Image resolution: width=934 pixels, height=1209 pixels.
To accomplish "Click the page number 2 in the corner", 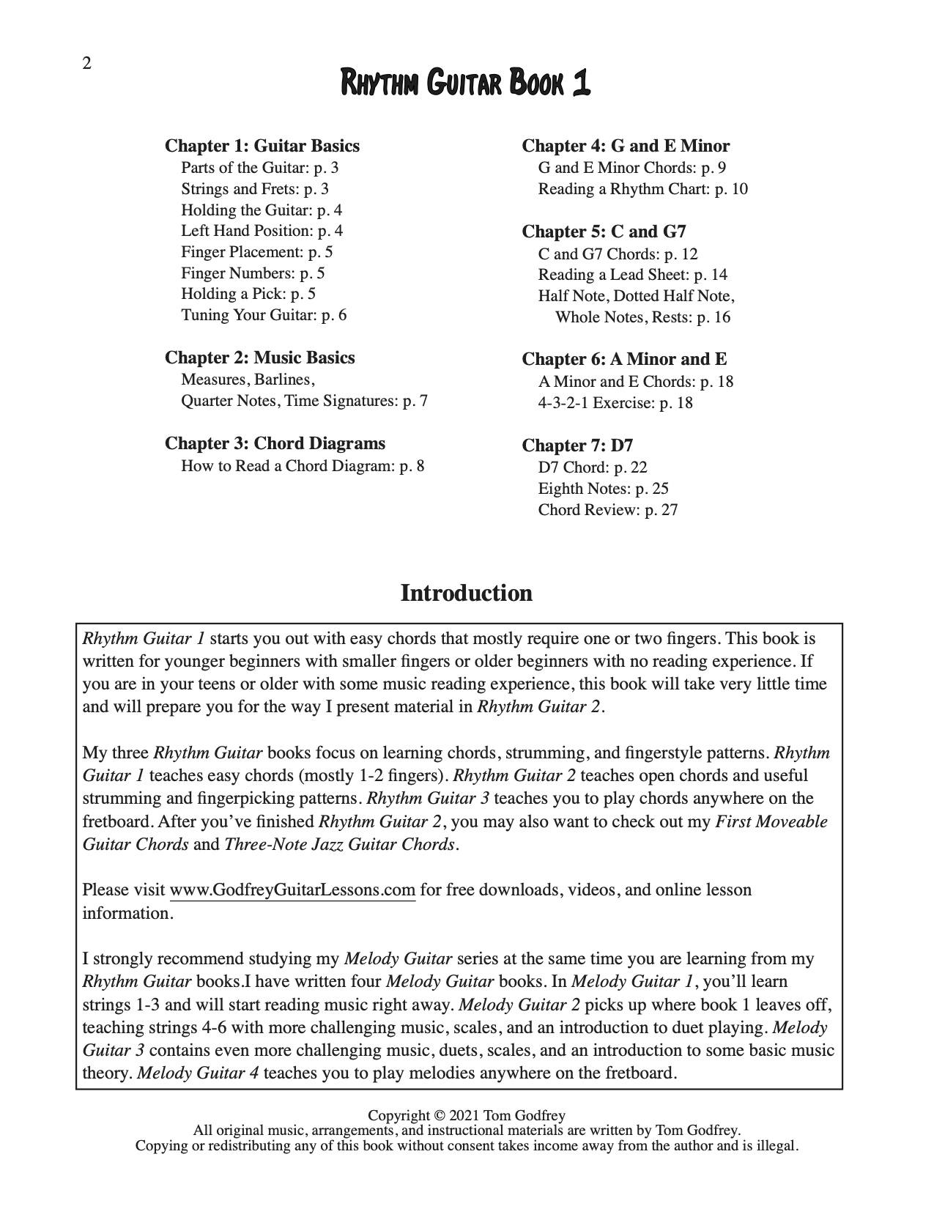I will click(x=86, y=64).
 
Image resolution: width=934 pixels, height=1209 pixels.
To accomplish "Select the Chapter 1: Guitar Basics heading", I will click(x=262, y=146).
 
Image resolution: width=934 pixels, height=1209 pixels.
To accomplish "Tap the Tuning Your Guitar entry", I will click(x=264, y=315).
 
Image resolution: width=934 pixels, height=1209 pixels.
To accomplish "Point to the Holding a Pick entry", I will click(x=248, y=294).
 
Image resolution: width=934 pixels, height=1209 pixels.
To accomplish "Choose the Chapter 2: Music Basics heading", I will click(x=259, y=358).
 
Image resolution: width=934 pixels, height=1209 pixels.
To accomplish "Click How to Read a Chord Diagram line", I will click(x=303, y=466).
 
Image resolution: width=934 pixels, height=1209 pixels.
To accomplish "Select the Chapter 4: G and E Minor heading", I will click(x=625, y=146).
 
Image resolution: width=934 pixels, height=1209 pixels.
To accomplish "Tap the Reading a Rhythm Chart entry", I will click(x=642, y=189).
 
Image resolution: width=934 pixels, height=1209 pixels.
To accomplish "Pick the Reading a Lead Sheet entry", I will click(x=632, y=275).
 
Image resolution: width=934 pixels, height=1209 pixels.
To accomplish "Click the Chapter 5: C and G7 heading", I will click(x=604, y=232).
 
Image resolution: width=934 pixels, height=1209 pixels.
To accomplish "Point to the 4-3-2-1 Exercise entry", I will click(x=615, y=403).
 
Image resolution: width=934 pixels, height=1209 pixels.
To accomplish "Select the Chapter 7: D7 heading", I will click(x=577, y=445).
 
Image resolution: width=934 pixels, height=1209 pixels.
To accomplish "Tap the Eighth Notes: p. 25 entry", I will click(x=603, y=489).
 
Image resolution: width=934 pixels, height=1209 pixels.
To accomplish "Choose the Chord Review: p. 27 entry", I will click(x=607, y=510).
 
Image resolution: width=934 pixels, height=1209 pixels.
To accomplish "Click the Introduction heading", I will click(x=466, y=593).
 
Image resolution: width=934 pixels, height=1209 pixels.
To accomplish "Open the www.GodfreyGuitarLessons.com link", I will click(x=292, y=890).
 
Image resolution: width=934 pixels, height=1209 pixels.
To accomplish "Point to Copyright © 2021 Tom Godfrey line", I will click(x=466, y=1116).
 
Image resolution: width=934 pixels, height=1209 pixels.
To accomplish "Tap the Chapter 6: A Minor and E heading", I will click(x=623, y=359).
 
